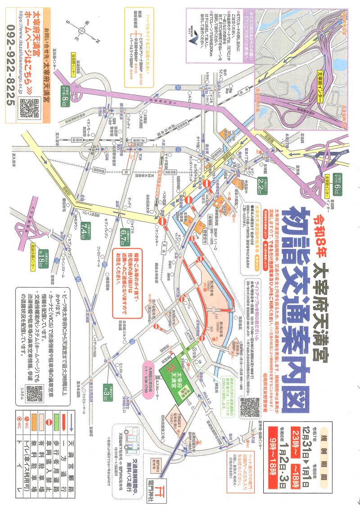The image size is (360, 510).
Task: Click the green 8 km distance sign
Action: coord(64,95)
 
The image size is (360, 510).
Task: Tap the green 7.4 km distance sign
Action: coord(84,230)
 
